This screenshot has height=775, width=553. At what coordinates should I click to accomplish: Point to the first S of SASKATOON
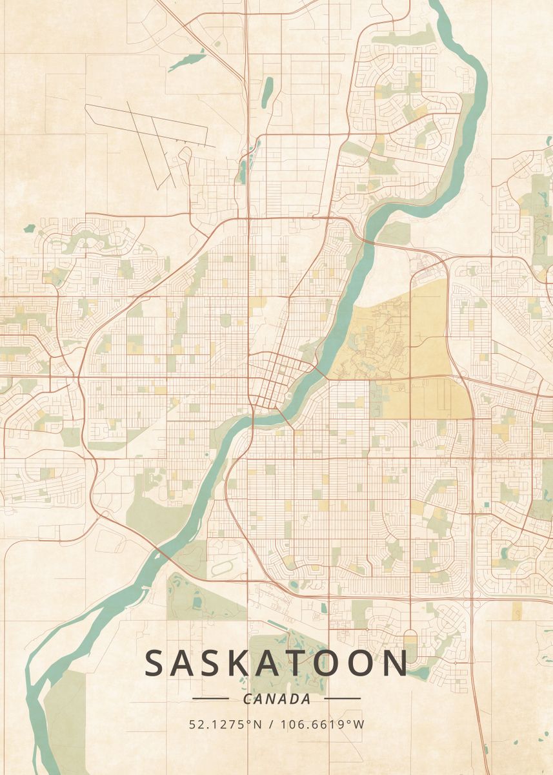coord(156,663)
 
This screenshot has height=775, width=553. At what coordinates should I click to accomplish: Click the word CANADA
coord(277,699)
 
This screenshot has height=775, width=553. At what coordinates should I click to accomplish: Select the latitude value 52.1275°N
coord(225,724)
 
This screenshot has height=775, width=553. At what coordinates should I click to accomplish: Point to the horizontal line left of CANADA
coord(210,698)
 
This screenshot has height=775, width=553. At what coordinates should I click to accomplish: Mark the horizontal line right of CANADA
coord(342,698)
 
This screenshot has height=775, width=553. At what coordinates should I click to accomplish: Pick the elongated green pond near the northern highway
coord(266,90)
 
